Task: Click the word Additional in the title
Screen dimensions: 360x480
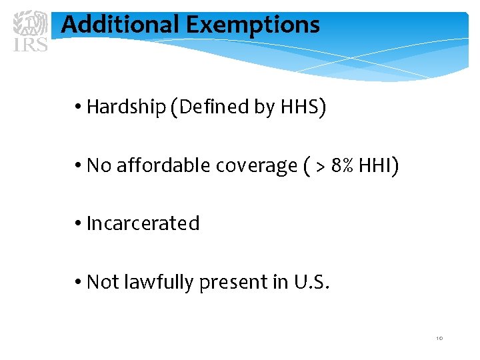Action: click(x=120, y=25)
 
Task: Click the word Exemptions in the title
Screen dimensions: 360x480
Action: click(x=253, y=25)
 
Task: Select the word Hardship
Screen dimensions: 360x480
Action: click(x=127, y=107)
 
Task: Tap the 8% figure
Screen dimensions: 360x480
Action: click(x=343, y=165)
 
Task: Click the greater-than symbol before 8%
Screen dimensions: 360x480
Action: click(x=320, y=166)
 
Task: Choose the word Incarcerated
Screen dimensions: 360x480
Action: click(x=143, y=223)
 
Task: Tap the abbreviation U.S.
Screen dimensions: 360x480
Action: click(x=311, y=282)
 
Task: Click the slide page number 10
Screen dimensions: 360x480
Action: click(x=439, y=339)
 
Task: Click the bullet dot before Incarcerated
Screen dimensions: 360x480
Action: click(x=79, y=224)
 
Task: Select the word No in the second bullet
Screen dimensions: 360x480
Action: click(x=99, y=165)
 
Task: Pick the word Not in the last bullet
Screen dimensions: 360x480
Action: click(x=103, y=282)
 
